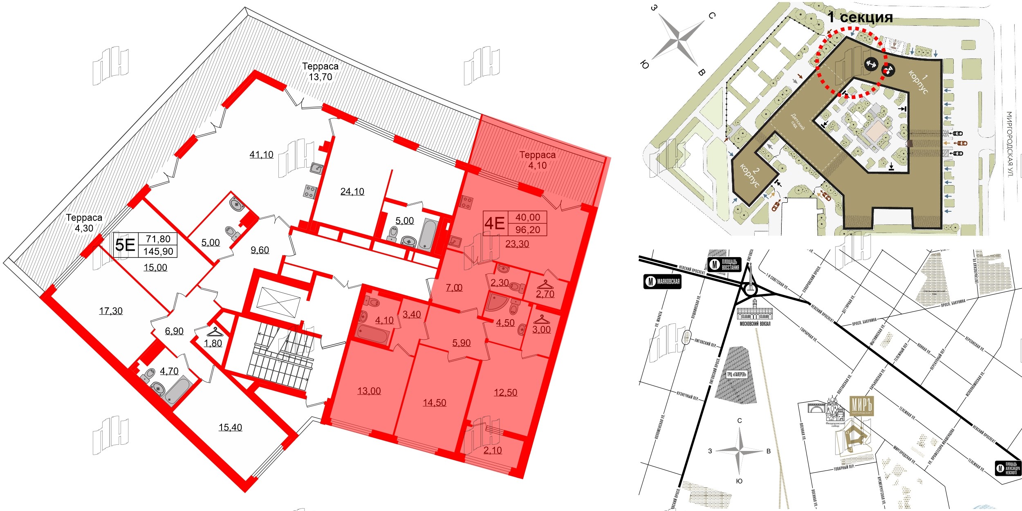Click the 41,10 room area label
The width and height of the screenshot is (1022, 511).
261,155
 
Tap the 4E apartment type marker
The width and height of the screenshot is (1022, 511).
494,224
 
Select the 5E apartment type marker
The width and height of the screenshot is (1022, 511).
125,245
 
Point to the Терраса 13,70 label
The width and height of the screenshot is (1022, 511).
320,72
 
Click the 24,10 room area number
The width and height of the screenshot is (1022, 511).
352,191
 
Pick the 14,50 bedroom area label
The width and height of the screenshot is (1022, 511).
434,403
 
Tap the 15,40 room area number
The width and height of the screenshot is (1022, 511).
230,427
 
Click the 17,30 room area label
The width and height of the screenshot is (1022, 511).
110,311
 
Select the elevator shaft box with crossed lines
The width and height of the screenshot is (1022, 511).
278,302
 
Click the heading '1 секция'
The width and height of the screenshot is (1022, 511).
860,17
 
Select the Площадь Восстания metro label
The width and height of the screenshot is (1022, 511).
725,264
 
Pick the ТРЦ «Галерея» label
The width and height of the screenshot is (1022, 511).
737,374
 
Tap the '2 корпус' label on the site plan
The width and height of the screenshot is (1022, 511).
750,176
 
